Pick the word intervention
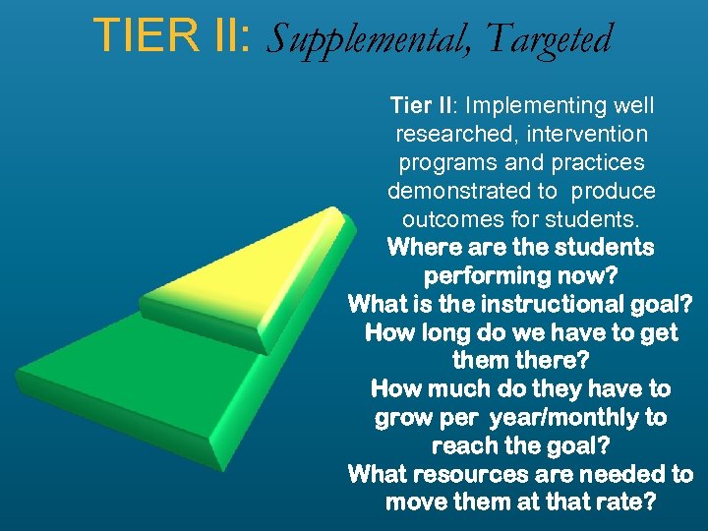pyautogui.click(x=588, y=133)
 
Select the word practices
pyautogui.click(x=599, y=161)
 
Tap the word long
pyautogui.click(x=442, y=332)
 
